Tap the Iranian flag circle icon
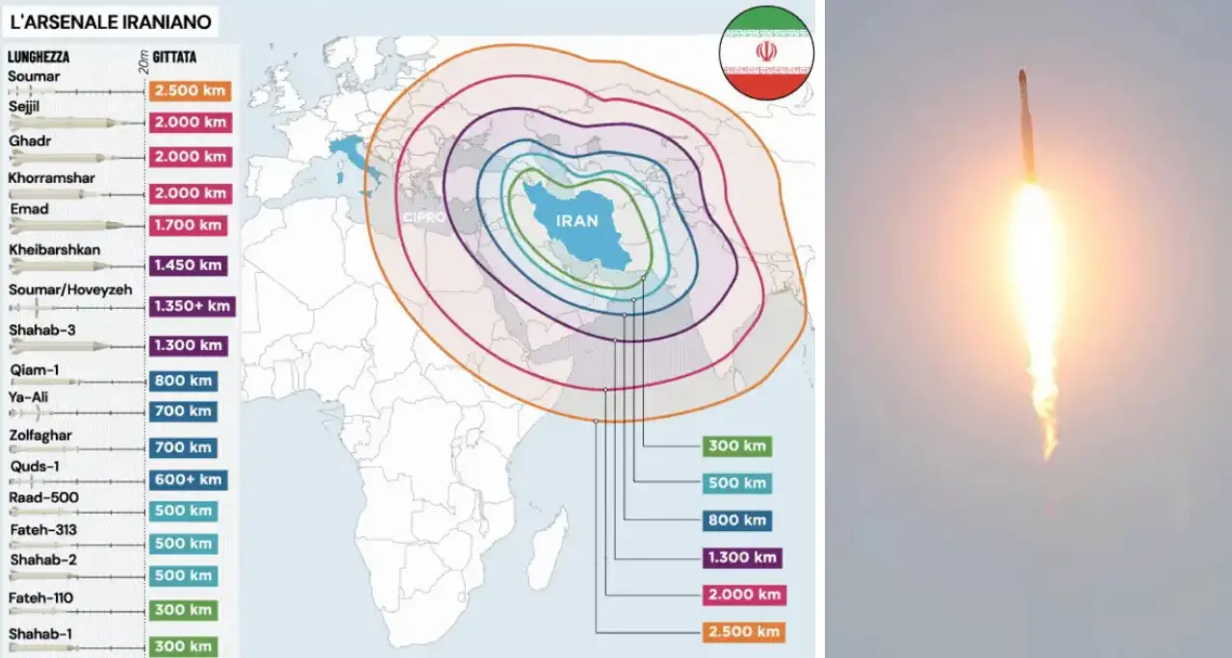tap(766, 52)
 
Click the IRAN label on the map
tap(577, 220)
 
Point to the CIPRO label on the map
tap(423, 217)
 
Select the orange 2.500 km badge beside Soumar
tap(189, 90)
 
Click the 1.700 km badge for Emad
tap(189, 226)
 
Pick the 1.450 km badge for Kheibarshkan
tap(189, 265)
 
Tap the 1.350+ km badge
tap(192, 306)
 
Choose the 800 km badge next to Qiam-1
tap(183, 381)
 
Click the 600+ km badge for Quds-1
tap(188, 479)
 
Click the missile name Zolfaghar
tap(41, 436)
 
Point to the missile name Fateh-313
tap(43, 530)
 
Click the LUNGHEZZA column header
tap(38, 58)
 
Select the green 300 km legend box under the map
tap(737, 445)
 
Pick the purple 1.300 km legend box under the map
tap(742, 557)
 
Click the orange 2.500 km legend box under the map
tap(742, 632)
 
